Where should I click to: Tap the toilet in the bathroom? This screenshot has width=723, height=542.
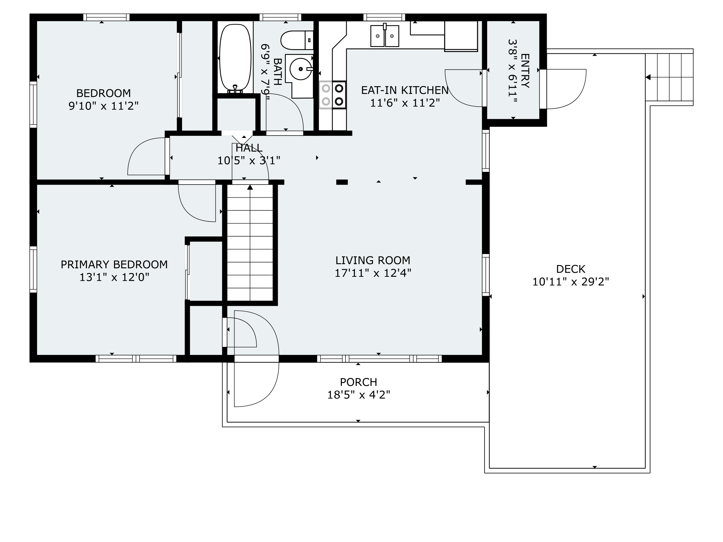coord(297,40)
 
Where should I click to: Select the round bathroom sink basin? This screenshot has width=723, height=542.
coord(300,69)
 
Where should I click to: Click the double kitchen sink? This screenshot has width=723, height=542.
coord(385,36)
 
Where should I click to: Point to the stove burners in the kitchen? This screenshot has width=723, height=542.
coord(332,95)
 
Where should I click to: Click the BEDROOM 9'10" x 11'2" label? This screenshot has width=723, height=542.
coord(104,100)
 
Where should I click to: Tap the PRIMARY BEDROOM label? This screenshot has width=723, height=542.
coord(114,265)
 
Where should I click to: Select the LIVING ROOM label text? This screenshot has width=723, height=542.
coord(373,260)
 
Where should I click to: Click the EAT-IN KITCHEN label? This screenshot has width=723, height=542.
coord(405,90)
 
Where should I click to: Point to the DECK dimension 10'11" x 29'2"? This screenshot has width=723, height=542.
coord(571,282)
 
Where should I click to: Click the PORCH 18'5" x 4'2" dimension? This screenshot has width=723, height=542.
coord(359,395)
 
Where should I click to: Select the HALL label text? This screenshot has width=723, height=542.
coord(249,148)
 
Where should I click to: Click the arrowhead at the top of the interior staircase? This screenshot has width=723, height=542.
coord(250,187)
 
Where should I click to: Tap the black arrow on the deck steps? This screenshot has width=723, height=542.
coord(648,77)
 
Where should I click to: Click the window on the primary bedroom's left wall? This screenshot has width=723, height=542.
coord(33,270)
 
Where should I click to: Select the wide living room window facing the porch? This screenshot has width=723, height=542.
coord(379,359)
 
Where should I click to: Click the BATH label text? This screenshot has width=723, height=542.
coord(277,72)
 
